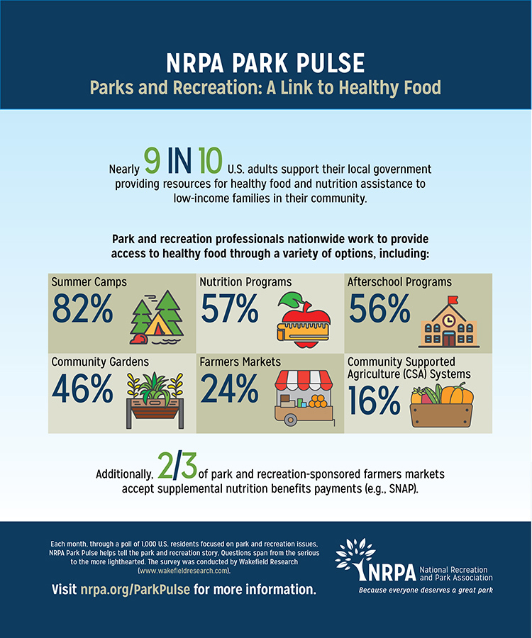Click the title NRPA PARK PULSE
click(265, 62)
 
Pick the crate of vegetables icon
click(441, 404)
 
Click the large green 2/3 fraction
click(175, 469)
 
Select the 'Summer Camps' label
click(89, 282)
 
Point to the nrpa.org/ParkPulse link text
click(135, 590)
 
